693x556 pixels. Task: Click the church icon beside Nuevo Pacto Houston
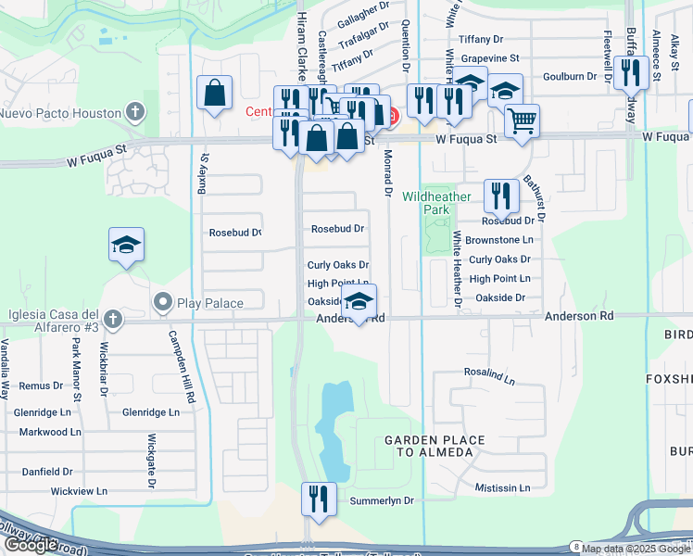[x=136, y=113]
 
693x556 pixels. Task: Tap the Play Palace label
[x=211, y=303]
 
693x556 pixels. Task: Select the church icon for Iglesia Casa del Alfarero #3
[x=113, y=320]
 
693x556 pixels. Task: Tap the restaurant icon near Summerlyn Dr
[x=319, y=499]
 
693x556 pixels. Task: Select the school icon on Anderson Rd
[x=359, y=300]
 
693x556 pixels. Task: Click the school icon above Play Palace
[x=126, y=245]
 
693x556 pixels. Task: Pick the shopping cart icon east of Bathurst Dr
[x=523, y=120]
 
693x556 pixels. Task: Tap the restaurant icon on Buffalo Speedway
[x=631, y=71]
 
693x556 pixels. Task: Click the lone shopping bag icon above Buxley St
[x=214, y=93]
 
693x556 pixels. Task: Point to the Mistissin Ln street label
[x=502, y=487]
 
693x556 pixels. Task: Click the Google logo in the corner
[x=31, y=545]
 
